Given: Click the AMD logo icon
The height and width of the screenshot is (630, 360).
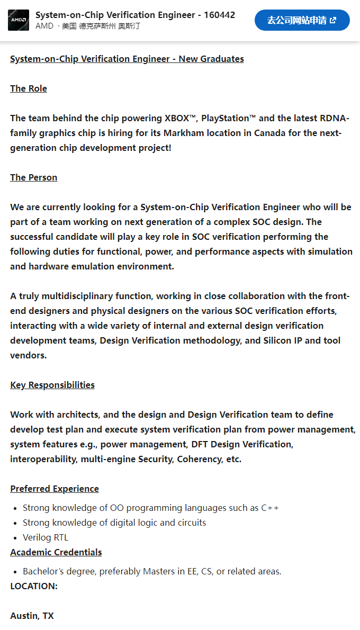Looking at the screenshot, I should [19, 20].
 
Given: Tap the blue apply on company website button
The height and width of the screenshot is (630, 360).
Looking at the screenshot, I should [302, 20].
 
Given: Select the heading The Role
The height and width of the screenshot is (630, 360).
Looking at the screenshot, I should [29, 88].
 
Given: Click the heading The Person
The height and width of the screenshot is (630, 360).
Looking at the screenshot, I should [33, 177].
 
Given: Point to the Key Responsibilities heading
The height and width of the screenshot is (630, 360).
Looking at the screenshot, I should [52, 385].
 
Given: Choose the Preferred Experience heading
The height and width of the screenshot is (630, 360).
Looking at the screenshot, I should [55, 489].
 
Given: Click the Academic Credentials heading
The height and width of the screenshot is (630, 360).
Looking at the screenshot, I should [56, 552].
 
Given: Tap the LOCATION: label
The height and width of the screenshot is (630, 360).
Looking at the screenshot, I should [34, 586].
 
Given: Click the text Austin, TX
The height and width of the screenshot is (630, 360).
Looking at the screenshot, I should [32, 616].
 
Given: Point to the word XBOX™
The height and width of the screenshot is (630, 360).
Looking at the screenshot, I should [181, 118].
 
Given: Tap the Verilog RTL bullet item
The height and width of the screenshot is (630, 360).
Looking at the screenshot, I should [46, 537].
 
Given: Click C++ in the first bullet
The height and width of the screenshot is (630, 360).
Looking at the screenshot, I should [270, 508].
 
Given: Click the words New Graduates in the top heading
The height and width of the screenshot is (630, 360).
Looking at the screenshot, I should [211, 59].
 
